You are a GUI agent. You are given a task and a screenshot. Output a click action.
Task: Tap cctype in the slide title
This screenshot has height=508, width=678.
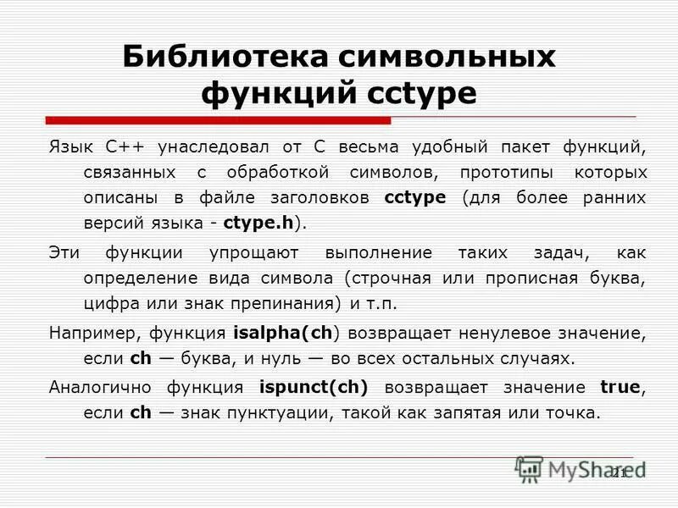(422, 92)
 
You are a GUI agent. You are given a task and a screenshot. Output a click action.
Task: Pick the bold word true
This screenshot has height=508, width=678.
(620, 388)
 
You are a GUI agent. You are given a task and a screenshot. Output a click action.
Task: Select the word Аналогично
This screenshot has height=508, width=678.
(101, 388)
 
